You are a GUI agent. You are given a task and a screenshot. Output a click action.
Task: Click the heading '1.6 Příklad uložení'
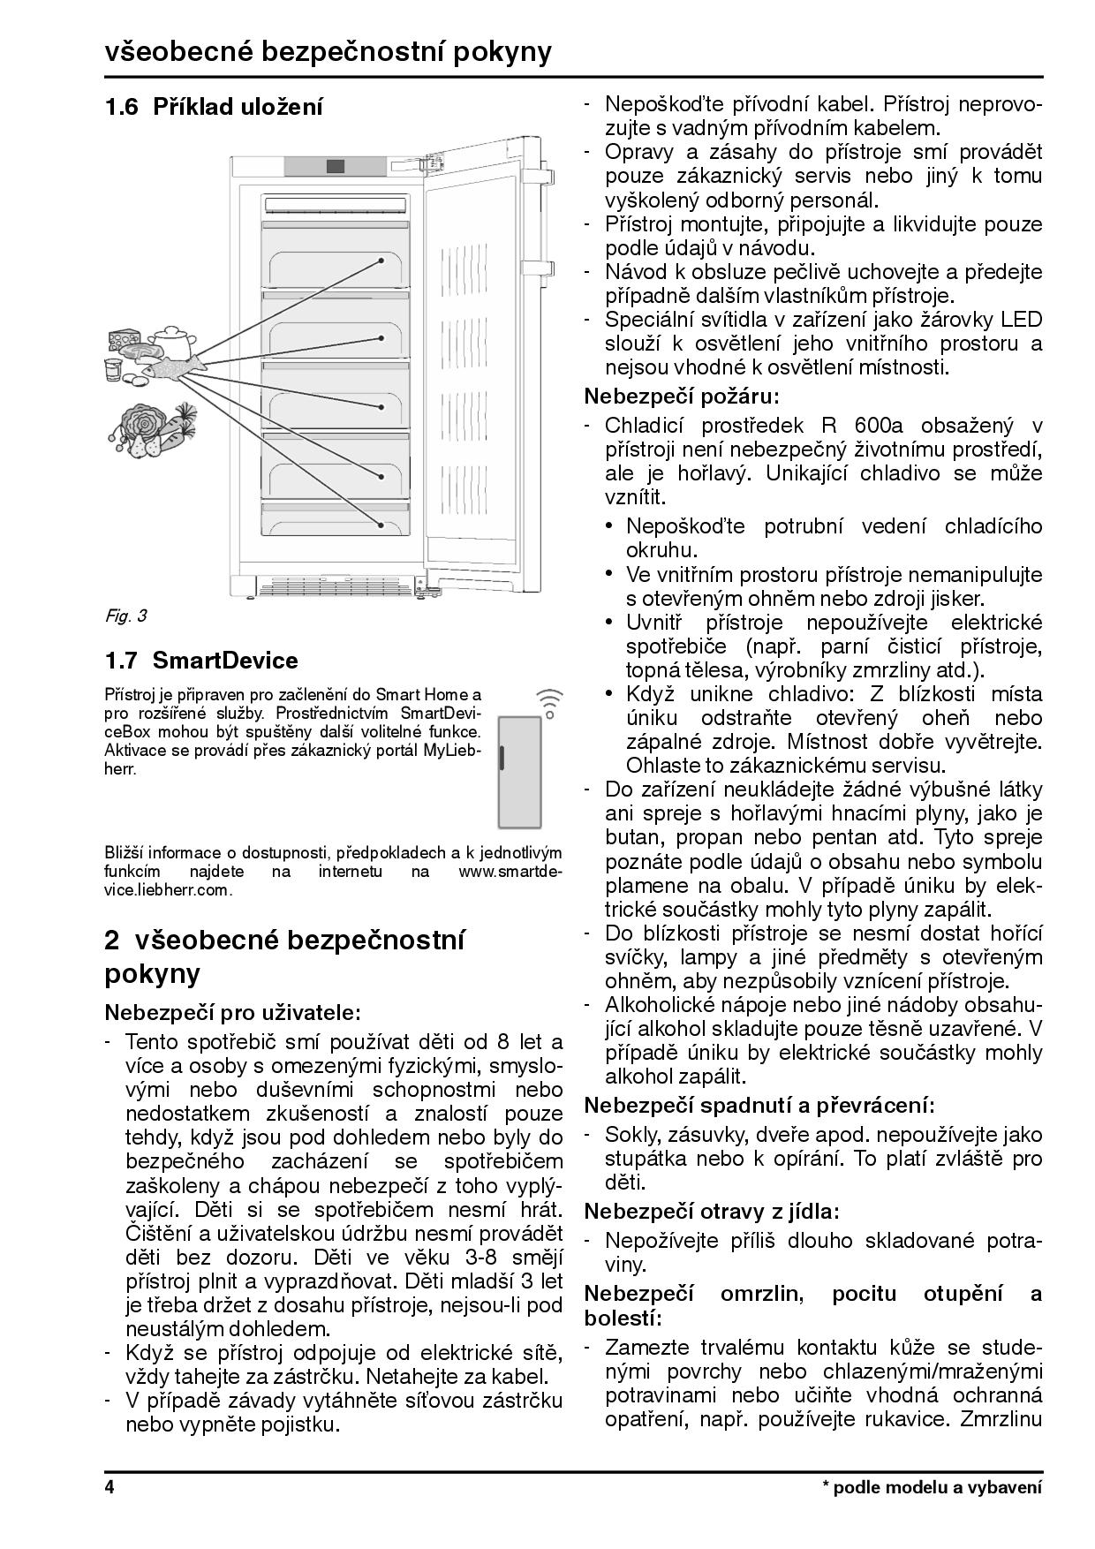pos(214,108)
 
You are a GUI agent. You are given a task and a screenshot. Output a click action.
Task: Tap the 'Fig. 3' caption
pos(125,616)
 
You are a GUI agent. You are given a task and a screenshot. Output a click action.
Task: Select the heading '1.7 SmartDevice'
pos(201,661)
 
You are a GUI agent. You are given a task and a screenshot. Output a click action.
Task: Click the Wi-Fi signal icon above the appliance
pos(548,702)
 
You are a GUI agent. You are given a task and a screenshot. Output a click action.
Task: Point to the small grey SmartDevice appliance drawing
pos(520,772)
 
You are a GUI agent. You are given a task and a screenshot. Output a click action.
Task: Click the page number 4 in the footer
pos(109,1487)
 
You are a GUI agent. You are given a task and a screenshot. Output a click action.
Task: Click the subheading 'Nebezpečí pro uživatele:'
pos(233,1011)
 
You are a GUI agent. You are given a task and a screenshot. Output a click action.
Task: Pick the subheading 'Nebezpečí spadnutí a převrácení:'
pos(759,1105)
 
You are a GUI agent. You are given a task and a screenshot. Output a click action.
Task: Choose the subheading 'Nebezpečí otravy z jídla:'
pos(712,1211)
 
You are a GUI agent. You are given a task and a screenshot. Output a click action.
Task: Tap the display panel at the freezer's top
pos(335,166)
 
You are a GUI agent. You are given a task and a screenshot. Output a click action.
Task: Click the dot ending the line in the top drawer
pos(382,261)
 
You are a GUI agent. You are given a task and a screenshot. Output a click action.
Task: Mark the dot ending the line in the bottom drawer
pos(382,524)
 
